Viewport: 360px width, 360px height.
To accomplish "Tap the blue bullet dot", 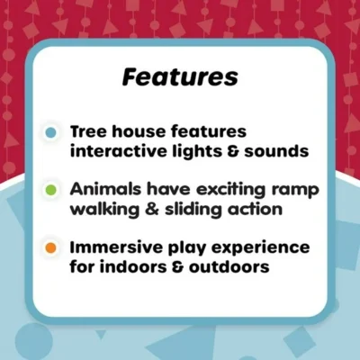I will [x=51, y=131].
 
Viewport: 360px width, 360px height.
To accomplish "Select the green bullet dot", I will [x=51, y=190].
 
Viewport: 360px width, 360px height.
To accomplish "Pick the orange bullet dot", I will [x=51, y=247].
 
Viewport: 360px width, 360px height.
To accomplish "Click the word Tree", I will [x=91, y=131].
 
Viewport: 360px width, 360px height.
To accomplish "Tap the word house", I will [x=143, y=131].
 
